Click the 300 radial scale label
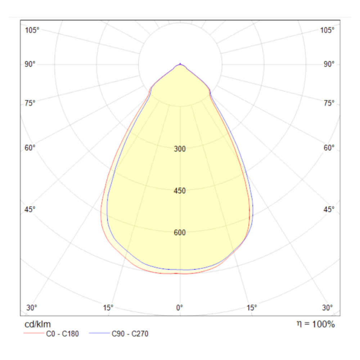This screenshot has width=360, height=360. pos(180,149)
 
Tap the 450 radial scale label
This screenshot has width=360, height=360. pos(180,191)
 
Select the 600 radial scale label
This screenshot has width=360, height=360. pos(180,233)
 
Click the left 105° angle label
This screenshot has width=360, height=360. pos(32,30)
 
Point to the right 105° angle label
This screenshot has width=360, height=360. pos(327,30)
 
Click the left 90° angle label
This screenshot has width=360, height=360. pos(30,64)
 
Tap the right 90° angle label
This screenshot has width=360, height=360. pos(329,64)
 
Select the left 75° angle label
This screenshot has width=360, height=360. pos(30,103)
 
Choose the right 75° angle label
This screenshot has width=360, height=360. pos(329,103)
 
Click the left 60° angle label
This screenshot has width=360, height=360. pos(30,148)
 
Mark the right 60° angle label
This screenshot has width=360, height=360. pos(329,148)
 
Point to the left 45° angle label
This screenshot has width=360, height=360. pos(30,209)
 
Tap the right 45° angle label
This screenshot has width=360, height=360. pos(329,209)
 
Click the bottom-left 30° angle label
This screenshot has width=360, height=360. pos(32,308)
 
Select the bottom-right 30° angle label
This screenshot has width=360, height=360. pos(327,308)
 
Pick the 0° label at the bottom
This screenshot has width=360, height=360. pos(180,308)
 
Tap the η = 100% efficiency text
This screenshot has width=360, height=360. pos(316,324)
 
